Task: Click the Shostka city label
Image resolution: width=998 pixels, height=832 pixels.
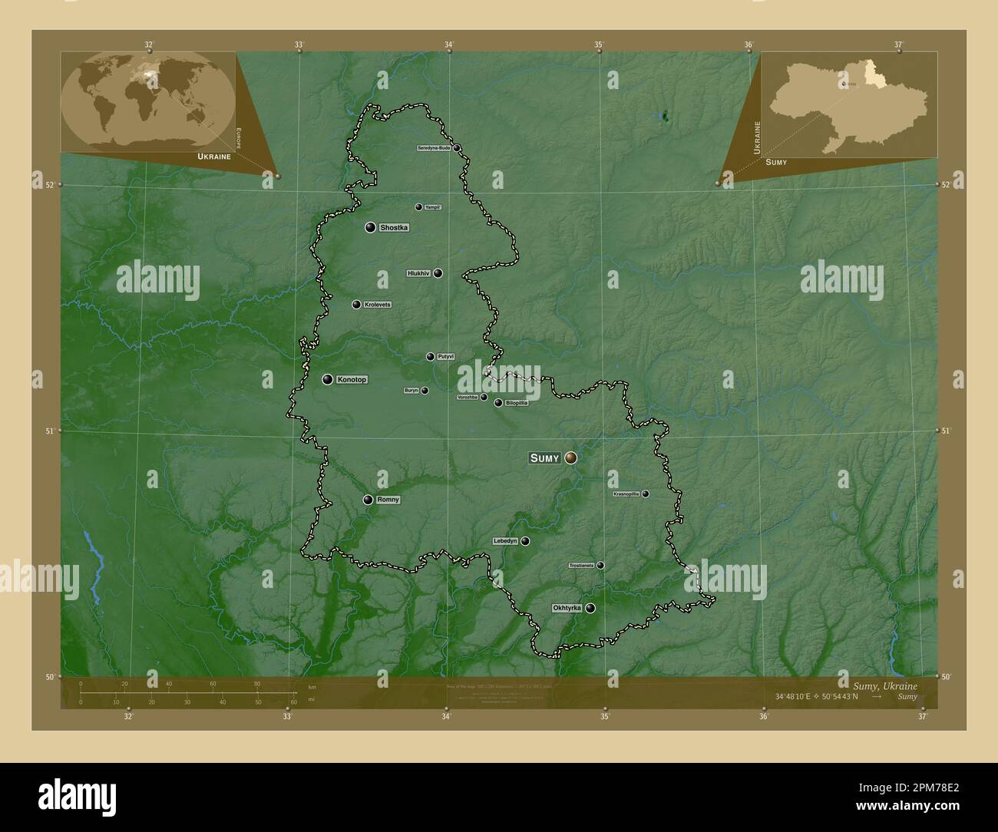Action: [394, 228]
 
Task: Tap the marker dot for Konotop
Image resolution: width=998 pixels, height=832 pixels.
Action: [328, 379]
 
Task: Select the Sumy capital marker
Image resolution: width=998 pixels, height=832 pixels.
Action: [570, 457]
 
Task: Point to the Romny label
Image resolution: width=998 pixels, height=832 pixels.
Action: [388, 500]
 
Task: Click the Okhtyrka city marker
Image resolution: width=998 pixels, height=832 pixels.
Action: [590, 608]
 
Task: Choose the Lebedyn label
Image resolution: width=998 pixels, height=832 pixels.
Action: [505, 541]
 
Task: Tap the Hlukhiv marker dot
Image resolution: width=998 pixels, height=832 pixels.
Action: [438, 273]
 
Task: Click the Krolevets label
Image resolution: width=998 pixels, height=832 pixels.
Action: [377, 305]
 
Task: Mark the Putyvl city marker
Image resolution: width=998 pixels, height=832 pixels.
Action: [431, 357]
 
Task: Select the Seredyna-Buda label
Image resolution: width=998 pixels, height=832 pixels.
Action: [433, 148]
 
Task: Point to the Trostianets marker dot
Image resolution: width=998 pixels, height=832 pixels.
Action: [600, 566]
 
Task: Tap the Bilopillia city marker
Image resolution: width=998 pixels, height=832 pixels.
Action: [498, 403]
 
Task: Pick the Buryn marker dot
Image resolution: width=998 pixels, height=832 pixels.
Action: [425, 391]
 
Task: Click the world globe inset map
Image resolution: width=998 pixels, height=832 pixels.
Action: [147, 100]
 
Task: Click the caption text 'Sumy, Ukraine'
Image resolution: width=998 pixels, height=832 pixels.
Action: [885, 685]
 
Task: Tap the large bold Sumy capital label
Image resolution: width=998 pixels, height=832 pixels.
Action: [545, 458]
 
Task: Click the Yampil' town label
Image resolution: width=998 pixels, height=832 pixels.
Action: [433, 207]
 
